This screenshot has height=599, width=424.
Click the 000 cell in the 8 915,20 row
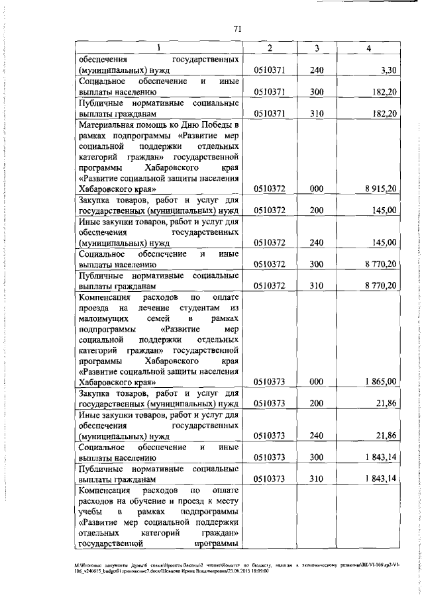pyautogui.click(x=317, y=189)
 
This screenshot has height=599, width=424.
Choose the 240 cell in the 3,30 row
pyautogui.click(x=317, y=69)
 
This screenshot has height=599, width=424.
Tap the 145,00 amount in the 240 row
pyautogui.click(x=384, y=242)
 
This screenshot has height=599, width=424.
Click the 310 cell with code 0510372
pyautogui.click(x=317, y=286)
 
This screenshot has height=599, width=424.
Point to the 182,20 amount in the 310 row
pyautogui.click(x=384, y=113)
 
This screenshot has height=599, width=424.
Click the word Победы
pyautogui.click(x=215, y=124)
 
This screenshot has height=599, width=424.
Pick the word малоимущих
pyautogui.click(x=101, y=318)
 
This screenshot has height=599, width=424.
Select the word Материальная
pyautogui.click(x=107, y=124)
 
